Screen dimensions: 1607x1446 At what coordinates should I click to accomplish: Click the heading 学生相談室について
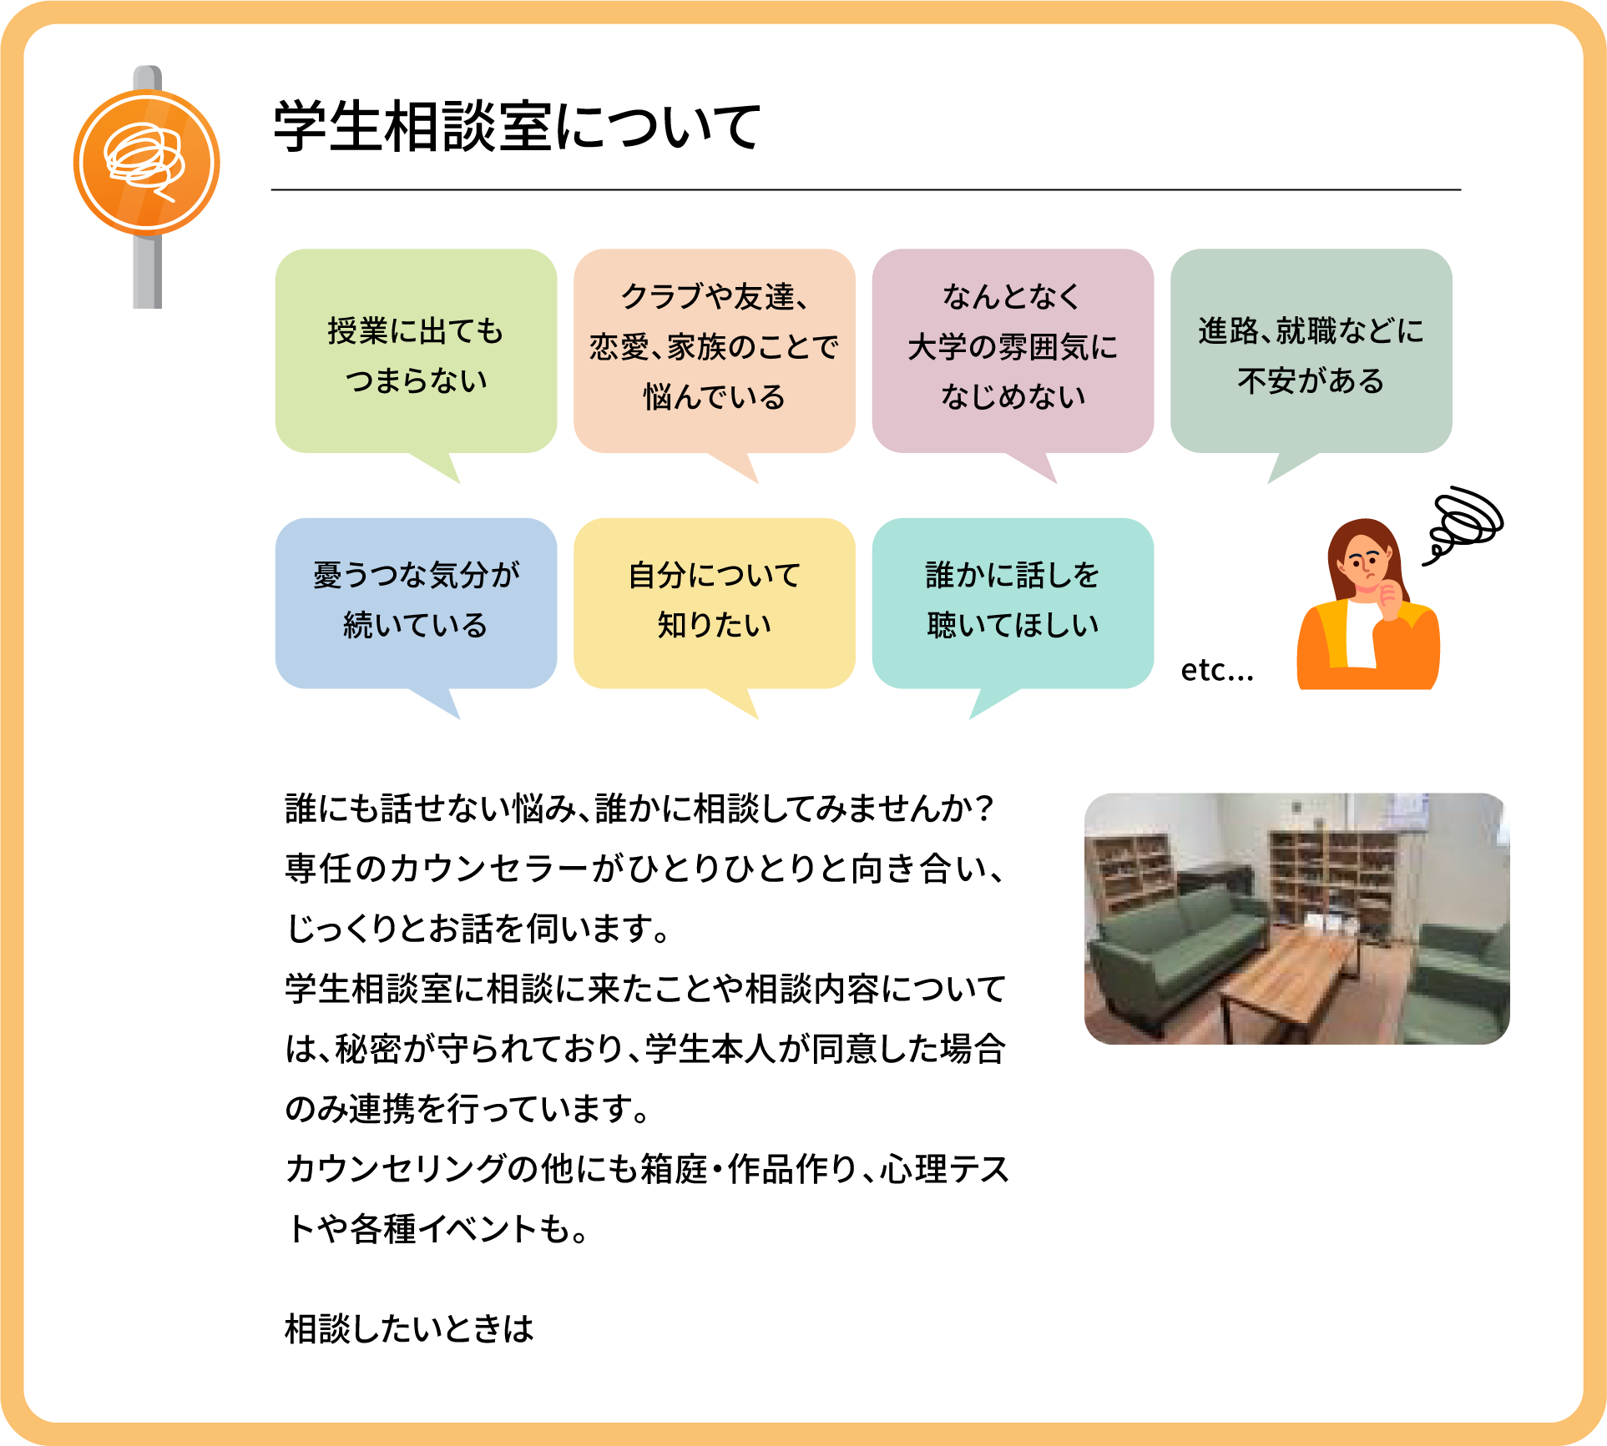coord(517,127)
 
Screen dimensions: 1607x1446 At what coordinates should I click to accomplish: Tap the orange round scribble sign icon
coord(147,162)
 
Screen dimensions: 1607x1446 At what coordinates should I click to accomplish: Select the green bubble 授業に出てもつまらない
coord(416,355)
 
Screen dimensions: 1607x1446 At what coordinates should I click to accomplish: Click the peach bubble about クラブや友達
coord(715,355)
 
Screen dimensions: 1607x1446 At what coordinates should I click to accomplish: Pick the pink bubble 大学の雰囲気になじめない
coord(1013,355)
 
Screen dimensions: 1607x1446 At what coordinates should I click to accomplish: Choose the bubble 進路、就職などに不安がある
coord(1311,355)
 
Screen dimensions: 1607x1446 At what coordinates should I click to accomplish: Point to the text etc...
coord(1216,670)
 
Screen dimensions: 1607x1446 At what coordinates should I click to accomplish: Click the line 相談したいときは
coord(409,1328)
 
